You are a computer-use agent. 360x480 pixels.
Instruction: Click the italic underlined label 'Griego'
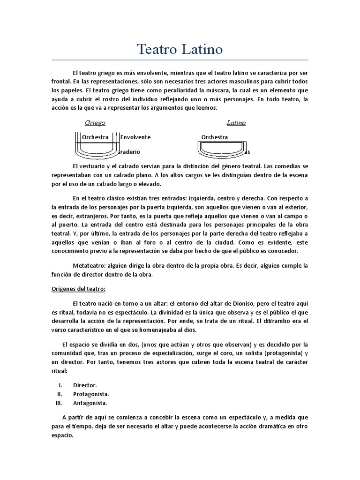click(95, 123)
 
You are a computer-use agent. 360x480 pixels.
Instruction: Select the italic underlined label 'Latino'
click(236, 123)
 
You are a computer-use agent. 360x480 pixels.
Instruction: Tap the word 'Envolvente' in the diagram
click(135, 137)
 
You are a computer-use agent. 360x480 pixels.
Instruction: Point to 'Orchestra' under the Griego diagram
click(95, 137)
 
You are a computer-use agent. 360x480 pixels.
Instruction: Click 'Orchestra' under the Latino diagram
click(215, 137)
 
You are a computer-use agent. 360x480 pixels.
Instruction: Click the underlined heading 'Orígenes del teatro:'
click(78, 288)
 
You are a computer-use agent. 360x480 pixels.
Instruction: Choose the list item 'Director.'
click(85, 385)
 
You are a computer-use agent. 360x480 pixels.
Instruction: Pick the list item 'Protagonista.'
click(91, 394)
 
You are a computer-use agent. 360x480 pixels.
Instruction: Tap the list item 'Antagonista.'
click(90, 403)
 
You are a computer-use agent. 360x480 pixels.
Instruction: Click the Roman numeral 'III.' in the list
click(59, 403)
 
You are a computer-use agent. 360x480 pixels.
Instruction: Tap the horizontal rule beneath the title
click(180, 60)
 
